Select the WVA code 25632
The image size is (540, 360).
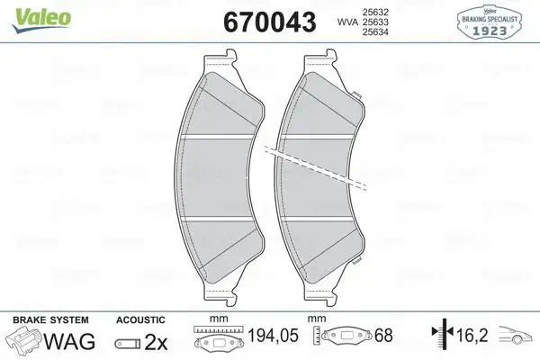[x=374, y=10]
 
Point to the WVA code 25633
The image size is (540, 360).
[x=374, y=21]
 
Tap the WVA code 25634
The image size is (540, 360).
[x=374, y=31]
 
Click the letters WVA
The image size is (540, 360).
[x=346, y=21]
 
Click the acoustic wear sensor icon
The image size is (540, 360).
[x=129, y=343]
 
